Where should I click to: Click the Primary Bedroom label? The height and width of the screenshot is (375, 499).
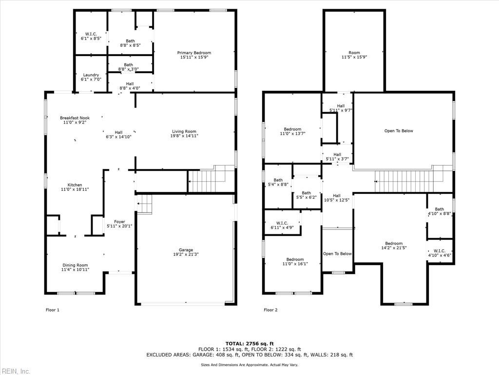pos(194,55)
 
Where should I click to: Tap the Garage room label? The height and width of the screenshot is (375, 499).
pos(186,252)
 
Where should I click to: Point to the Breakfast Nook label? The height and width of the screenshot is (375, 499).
pos(75,120)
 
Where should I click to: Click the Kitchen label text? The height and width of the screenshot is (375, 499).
pos(75,187)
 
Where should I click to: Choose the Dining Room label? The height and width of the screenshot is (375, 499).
pos(75,268)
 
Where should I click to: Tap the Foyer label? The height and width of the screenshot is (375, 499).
pos(119,224)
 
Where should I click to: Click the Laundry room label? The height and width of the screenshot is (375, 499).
pos(91,77)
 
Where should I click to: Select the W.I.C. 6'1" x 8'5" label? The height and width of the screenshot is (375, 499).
pos(91,36)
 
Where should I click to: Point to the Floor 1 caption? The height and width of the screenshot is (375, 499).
pos(52,310)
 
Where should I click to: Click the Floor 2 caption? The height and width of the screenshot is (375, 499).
pos(270,310)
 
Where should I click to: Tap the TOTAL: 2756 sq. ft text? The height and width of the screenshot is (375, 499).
pos(249,343)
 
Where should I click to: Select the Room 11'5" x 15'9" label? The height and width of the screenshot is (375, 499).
pos(354,55)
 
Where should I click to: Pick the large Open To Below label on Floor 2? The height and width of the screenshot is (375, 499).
pos(399,131)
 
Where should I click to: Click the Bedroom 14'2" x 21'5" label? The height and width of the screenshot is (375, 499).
pos(394,246)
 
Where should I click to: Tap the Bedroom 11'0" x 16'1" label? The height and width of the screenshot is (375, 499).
pos(295,261)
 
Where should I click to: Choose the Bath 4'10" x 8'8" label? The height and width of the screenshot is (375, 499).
pos(439,211)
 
